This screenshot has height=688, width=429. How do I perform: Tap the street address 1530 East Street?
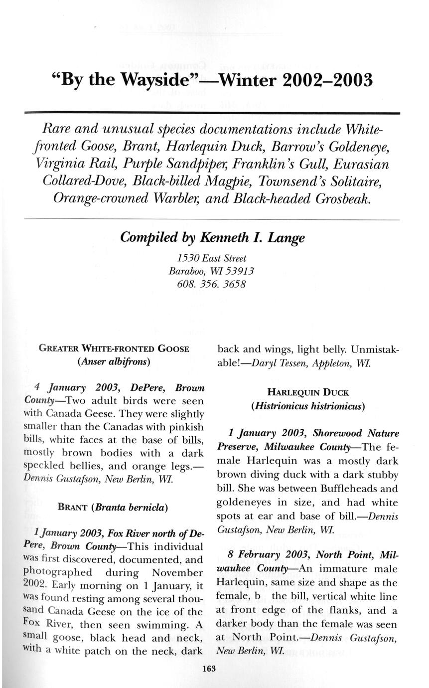pos(212,258)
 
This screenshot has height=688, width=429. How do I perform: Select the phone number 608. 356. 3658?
pos(211,285)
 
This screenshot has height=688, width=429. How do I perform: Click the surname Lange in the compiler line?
pos(286,238)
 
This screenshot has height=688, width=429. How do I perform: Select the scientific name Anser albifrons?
pos(114,361)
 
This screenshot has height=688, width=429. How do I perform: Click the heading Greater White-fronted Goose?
pos(114,348)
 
